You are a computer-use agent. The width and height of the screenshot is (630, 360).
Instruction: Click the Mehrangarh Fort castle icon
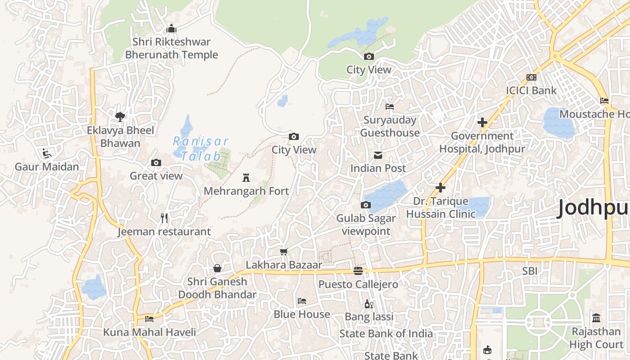coord(246,178)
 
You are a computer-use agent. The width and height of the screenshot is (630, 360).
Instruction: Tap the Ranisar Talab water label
coord(201,149)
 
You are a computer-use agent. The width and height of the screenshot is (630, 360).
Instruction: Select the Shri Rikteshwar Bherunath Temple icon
coord(171,29)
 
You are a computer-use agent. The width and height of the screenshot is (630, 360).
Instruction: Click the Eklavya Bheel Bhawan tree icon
coord(120,117)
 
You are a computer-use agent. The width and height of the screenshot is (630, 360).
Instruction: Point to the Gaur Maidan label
coord(47,166)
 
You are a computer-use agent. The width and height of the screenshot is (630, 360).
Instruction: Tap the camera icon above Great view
coord(156,162)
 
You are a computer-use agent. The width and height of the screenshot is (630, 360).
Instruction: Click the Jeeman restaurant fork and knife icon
coord(164,218)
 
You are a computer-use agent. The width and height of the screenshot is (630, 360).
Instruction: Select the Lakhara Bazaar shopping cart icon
coord(283,252)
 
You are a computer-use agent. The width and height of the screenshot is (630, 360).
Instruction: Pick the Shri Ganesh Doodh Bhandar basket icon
coord(217,268)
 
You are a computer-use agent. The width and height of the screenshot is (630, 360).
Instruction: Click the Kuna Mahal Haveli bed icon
coord(149,319)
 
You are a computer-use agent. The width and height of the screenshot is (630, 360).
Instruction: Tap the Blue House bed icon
coord(302,301)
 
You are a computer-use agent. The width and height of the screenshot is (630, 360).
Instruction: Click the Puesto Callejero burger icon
coord(358,271)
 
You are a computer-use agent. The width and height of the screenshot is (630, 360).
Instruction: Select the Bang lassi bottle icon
coord(369,304)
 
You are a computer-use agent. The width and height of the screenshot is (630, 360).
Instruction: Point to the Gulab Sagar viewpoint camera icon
coord(366,205)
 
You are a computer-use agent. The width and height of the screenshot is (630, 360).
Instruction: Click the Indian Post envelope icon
coord(378,155)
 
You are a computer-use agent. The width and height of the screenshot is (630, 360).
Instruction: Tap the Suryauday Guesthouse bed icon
coord(390,107)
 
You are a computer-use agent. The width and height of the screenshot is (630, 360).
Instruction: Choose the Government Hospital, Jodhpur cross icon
coord(482,122)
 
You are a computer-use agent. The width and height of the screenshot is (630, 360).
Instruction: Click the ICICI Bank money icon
coord(531,77)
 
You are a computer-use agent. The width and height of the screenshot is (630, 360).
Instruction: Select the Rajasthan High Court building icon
coord(596,318)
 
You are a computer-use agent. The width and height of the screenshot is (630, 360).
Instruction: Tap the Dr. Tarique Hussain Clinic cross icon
coord(441,188)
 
